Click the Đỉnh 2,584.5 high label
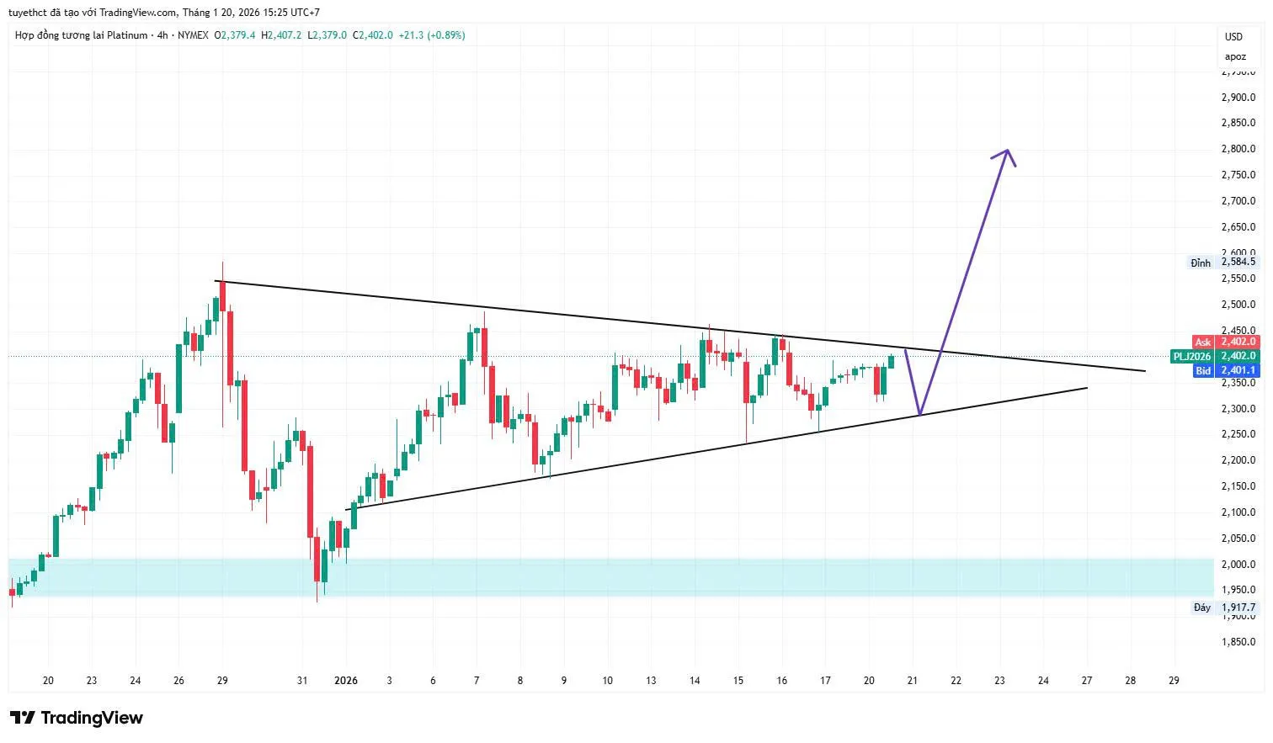[1223, 263]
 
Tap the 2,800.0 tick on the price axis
[1238, 149]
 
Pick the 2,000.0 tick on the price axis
[1238, 564]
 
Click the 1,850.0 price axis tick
[1238, 642]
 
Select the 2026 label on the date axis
[346, 681]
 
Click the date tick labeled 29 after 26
[222, 681]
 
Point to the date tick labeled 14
[695, 681]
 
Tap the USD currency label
[1233, 37]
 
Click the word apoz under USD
[1235, 56]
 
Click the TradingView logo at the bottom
[77, 718]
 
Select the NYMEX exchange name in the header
[193, 35]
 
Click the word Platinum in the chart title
[128, 35]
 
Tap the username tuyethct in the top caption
[27, 13]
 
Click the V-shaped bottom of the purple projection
[919, 414]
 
